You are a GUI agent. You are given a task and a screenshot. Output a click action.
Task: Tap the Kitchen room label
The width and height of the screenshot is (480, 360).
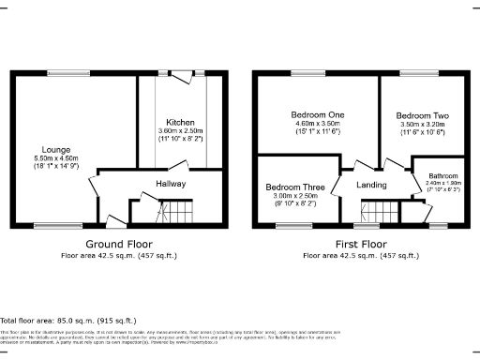click(x=181, y=122)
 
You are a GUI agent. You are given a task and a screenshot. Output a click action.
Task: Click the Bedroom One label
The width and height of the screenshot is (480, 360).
click(x=316, y=114)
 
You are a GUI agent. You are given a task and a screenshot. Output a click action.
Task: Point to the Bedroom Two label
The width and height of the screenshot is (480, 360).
click(x=422, y=115)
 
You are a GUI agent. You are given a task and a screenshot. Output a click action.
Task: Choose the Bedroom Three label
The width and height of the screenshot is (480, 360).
click(x=295, y=186)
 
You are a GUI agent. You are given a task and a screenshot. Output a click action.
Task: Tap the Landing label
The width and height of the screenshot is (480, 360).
click(x=372, y=185)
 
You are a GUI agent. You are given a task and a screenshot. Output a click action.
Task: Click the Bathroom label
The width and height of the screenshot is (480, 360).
click(x=443, y=175)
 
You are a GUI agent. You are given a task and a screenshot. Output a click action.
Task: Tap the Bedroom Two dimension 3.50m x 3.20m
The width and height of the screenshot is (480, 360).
click(x=422, y=124)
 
